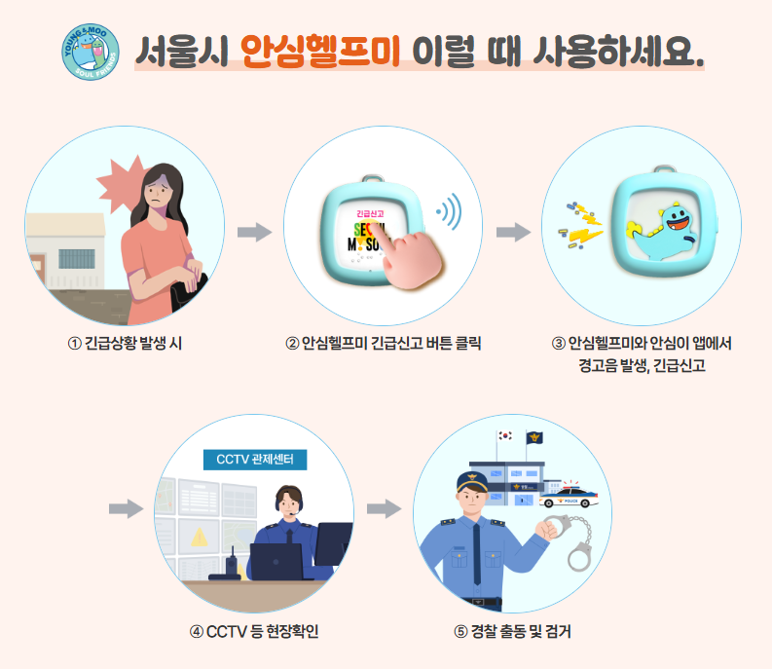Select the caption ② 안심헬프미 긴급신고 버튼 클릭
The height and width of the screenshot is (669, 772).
point(384,343)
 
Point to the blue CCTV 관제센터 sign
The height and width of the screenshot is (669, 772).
point(255,459)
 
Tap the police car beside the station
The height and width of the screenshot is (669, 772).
point(570,496)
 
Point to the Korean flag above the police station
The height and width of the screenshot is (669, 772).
point(504,436)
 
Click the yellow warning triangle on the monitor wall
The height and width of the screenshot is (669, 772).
point(199,536)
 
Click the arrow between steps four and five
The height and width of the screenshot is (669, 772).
point(384,508)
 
